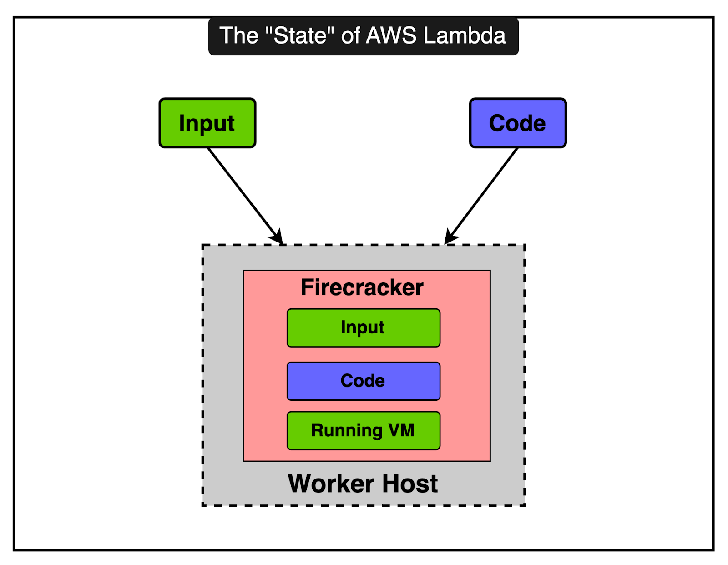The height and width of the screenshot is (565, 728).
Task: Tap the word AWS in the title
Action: click(391, 36)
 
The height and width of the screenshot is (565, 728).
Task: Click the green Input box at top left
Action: click(207, 123)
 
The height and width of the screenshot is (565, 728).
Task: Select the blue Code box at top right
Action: click(518, 123)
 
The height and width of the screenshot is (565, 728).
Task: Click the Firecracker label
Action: click(362, 288)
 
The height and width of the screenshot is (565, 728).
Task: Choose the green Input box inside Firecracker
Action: click(363, 328)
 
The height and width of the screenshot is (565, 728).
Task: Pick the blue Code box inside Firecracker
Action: click(363, 381)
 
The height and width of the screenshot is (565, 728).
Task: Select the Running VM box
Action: click(363, 430)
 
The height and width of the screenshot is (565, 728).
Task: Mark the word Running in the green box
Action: click(347, 430)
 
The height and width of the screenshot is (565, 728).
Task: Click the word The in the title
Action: click(239, 36)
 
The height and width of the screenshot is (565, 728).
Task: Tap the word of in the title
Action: click(350, 36)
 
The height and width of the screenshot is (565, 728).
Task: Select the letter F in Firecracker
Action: click(308, 288)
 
